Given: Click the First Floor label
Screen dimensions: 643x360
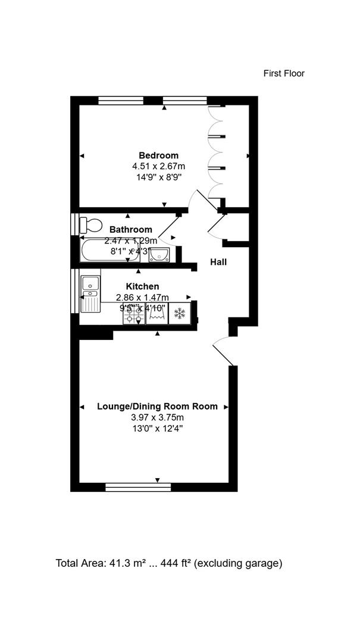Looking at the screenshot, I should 284,73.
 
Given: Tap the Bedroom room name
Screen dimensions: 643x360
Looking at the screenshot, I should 158,155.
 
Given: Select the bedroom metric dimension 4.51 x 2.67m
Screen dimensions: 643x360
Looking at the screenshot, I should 158,166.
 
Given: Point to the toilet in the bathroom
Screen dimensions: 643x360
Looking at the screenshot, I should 90,224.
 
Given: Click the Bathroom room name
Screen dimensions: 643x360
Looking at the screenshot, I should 130,229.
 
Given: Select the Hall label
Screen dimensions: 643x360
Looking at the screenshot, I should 218,261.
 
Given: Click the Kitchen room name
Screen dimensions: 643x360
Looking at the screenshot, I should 142,286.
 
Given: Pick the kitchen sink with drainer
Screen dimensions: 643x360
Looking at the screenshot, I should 90,294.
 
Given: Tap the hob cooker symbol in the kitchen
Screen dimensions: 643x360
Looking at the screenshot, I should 133,314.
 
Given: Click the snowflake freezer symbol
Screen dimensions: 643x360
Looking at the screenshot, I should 179,314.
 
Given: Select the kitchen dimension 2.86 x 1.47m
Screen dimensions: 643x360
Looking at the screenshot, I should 142,297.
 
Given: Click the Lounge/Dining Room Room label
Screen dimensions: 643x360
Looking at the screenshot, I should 157,407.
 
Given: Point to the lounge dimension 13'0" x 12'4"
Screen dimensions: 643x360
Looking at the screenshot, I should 157,428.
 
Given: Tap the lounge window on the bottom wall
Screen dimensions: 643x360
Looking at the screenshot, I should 138,487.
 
